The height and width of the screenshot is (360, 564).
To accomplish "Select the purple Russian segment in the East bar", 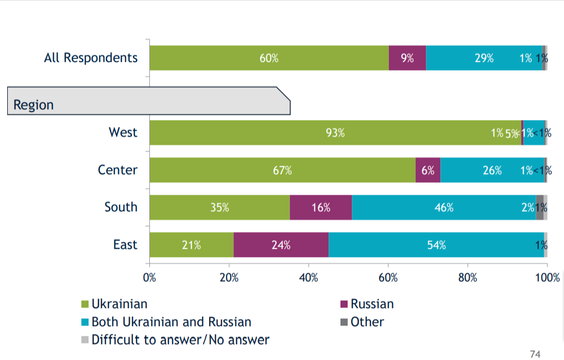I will pyautogui.click(x=281, y=245).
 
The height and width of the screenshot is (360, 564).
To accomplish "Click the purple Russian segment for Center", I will pyautogui.click(x=428, y=170).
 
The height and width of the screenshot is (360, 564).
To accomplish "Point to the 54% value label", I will pyautogui.click(x=436, y=245).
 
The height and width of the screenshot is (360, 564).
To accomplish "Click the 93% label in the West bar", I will pyautogui.click(x=335, y=133).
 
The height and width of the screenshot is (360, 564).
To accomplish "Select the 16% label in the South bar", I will pyautogui.click(x=320, y=208).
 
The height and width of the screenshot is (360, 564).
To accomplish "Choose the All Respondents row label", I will pyautogui.click(x=91, y=58).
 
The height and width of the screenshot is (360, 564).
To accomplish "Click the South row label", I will pyautogui.click(x=121, y=207).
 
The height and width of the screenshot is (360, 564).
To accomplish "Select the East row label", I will pyautogui.click(x=125, y=244).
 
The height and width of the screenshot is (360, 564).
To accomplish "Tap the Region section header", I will pyautogui.click(x=34, y=105).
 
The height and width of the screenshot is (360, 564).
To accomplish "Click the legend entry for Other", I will pyautogui.click(x=367, y=322).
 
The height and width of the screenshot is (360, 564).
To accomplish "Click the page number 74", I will pyautogui.click(x=535, y=353).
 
